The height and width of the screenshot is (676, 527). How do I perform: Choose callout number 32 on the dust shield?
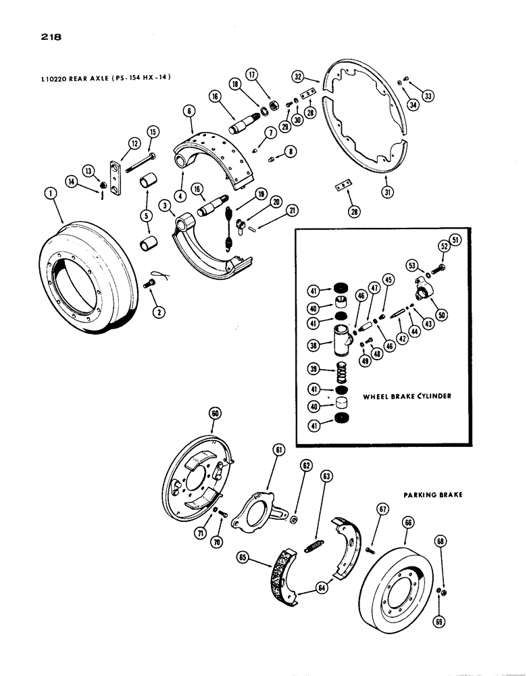[x=299, y=76]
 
